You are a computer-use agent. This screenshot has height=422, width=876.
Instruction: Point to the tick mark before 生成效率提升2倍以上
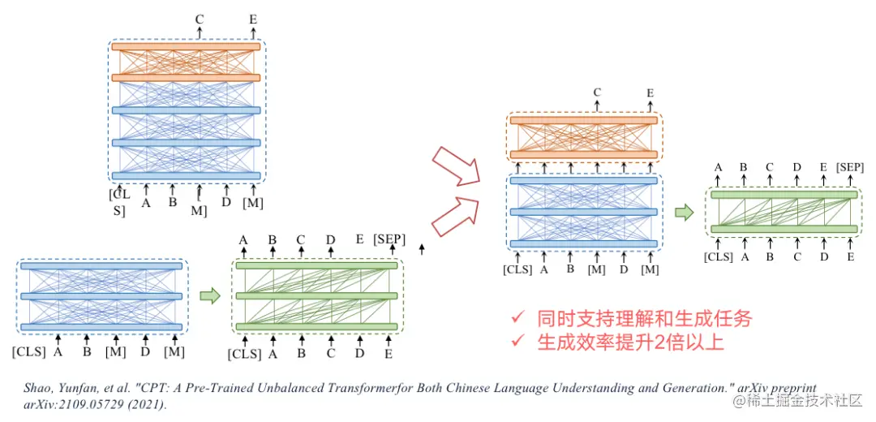pos(516,343)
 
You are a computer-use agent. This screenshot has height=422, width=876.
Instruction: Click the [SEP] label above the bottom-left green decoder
pos(389,239)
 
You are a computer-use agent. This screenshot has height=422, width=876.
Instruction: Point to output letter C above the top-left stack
pos(200,18)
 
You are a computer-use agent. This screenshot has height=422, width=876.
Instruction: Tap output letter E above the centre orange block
pos(650,93)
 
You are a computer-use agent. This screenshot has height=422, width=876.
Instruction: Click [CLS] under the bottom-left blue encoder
pos(29,352)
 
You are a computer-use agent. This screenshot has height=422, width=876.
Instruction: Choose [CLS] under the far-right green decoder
pos(719,257)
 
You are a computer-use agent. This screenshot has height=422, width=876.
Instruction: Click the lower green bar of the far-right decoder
pos(784,230)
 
